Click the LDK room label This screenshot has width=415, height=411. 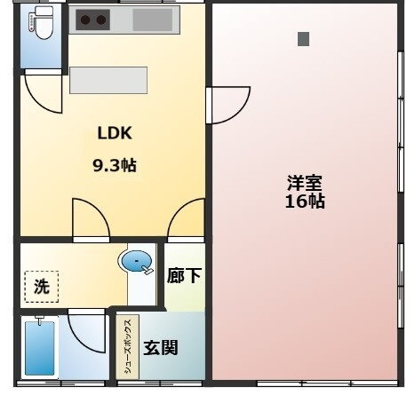tap(115, 134)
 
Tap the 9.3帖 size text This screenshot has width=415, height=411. tap(115, 165)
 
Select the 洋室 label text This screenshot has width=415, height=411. tap(305, 183)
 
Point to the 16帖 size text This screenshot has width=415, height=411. tap(305, 202)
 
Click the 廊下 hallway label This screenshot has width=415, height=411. tap(184, 276)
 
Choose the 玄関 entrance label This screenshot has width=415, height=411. tap(161, 346)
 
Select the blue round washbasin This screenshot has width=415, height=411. tap(134, 262)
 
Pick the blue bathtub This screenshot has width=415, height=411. tap(38, 347)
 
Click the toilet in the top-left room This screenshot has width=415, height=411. tap(41, 27)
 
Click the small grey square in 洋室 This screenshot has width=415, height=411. tap(304, 38)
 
